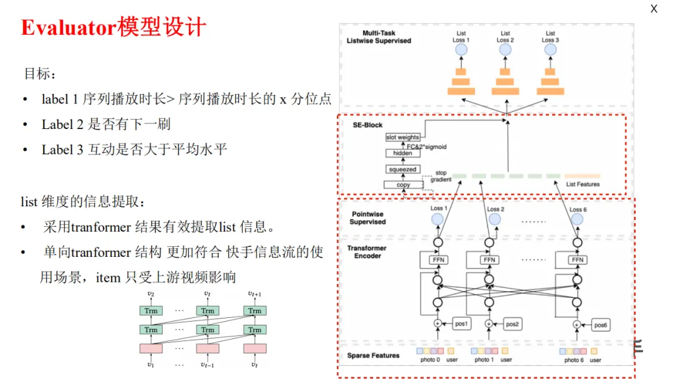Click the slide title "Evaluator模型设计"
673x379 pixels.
point(113,28)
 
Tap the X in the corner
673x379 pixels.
point(654,9)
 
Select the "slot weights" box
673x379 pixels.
point(403,137)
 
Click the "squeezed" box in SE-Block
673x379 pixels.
point(403,170)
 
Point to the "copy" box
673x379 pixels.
point(403,185)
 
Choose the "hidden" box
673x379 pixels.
point(403,153)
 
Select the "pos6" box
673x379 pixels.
point(600,324)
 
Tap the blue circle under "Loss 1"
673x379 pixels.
point(437,219)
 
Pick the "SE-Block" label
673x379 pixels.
point(368,125)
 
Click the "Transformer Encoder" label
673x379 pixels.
point(367,252)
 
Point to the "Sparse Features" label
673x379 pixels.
point(373,356)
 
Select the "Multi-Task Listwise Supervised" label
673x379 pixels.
point(379,37)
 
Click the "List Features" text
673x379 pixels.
point(583,184)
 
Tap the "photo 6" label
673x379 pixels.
point(574,360)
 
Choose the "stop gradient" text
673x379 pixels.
point(441,176)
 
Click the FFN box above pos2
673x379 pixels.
point(489,260)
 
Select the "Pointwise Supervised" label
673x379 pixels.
point(368,218)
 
